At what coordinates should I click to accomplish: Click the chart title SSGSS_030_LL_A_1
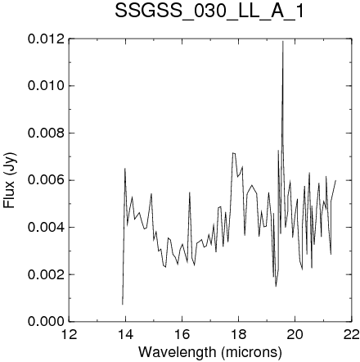pyautogui.click(x=209, y=11)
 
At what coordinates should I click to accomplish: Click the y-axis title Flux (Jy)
pyautogui.click(x=10, y=180)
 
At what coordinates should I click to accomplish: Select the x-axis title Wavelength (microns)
pyautogui.click(x=210, y=352)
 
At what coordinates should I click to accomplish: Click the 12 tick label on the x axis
pyautogui.click(x=69, y=334)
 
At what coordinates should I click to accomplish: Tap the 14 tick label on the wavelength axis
pyautogui.click(x=125, y=334)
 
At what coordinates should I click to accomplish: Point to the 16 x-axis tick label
pyautogui.click(x=182, y=334)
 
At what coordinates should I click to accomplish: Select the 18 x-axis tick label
pyautogui.click(x=238, y=334)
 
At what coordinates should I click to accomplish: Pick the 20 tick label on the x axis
pyautogui.click(x=295, y=334)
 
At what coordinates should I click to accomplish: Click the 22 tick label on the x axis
pyautogui.click(x=351, y=334)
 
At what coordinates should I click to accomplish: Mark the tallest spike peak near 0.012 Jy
pyautogui.click(x=283, y=41)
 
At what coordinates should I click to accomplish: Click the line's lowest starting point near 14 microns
pyautogui.click(x=123, y=305)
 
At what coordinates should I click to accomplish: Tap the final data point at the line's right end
pyautogui.click(x=335, y=180)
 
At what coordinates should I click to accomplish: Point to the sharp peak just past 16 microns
pyautogui.click(x=189, y=192)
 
